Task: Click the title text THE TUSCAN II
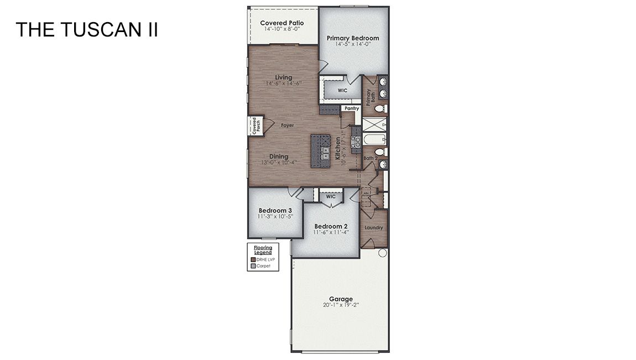87,30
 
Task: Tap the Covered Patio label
282,23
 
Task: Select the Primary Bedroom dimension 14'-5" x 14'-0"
353,44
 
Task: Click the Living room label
283,77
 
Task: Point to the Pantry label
351,108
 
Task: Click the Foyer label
287,126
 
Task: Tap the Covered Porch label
254,126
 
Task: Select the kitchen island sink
326,150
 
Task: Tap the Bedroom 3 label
275,210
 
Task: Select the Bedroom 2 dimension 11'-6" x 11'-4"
331,232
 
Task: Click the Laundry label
374,228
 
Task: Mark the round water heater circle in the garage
382,253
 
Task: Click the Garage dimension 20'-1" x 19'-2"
341,305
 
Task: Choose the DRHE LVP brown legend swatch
253,259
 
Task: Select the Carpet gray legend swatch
253,266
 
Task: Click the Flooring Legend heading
263,250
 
